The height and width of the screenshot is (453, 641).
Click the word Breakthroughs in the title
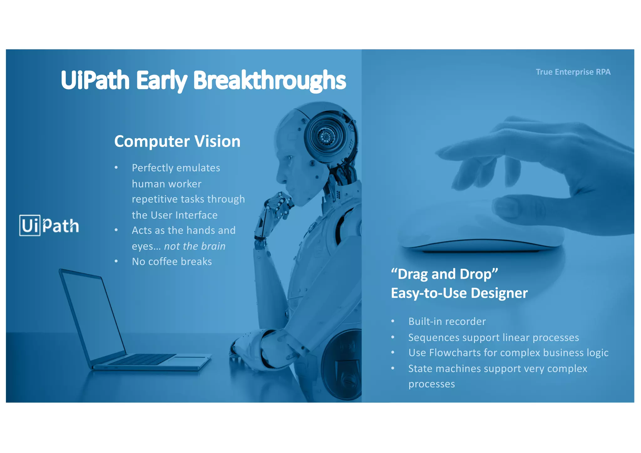(x=269, y=80)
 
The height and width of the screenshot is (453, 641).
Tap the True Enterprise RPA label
(x=573, y=72)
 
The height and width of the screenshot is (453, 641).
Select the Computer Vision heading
(x=177, y=141)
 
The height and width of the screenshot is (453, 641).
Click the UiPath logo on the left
(x=49, y=225)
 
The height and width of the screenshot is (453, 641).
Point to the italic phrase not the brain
(x=195, y=246)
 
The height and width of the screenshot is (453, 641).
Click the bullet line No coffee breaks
(x=172, y=262)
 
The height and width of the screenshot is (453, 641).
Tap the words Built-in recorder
(x=447, y=322)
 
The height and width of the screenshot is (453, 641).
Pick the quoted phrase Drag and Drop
(x=444, y=274)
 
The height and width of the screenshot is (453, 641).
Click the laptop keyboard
(x=142, y=359)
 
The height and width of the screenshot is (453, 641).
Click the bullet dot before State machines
(x=393, y=369)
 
